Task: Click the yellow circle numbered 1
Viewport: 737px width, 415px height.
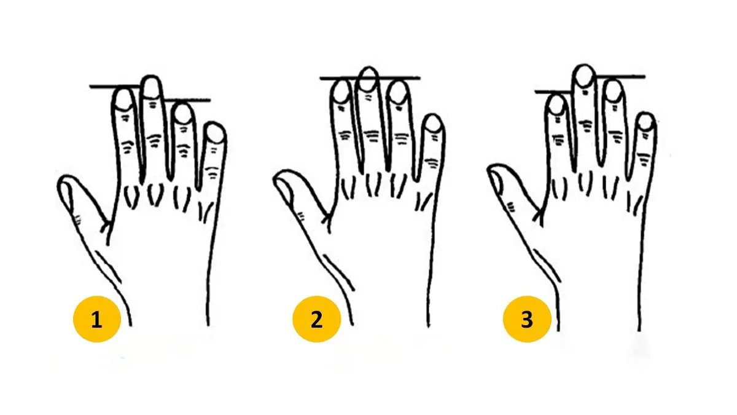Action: (97, 319)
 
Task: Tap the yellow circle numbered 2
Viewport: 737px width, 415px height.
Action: (316, 319)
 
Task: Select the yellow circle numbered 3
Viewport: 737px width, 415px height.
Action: (527, 319)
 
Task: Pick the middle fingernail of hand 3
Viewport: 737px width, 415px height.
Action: (584, 76)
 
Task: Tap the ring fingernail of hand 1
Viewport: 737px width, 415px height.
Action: (183, 114)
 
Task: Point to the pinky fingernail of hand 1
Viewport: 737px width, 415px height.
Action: (215, 134)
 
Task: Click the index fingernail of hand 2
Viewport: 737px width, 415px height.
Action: (341, 92)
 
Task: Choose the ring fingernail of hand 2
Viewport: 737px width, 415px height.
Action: (398, 93)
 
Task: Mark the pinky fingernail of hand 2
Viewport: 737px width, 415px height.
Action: (433, 124)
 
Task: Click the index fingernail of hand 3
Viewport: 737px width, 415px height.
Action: (557, 105)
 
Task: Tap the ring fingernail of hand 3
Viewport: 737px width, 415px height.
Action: (614, 91)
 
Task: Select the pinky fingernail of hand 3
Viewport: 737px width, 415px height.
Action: (646, 122)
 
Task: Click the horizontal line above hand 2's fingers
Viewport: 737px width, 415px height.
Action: (370, 79)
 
